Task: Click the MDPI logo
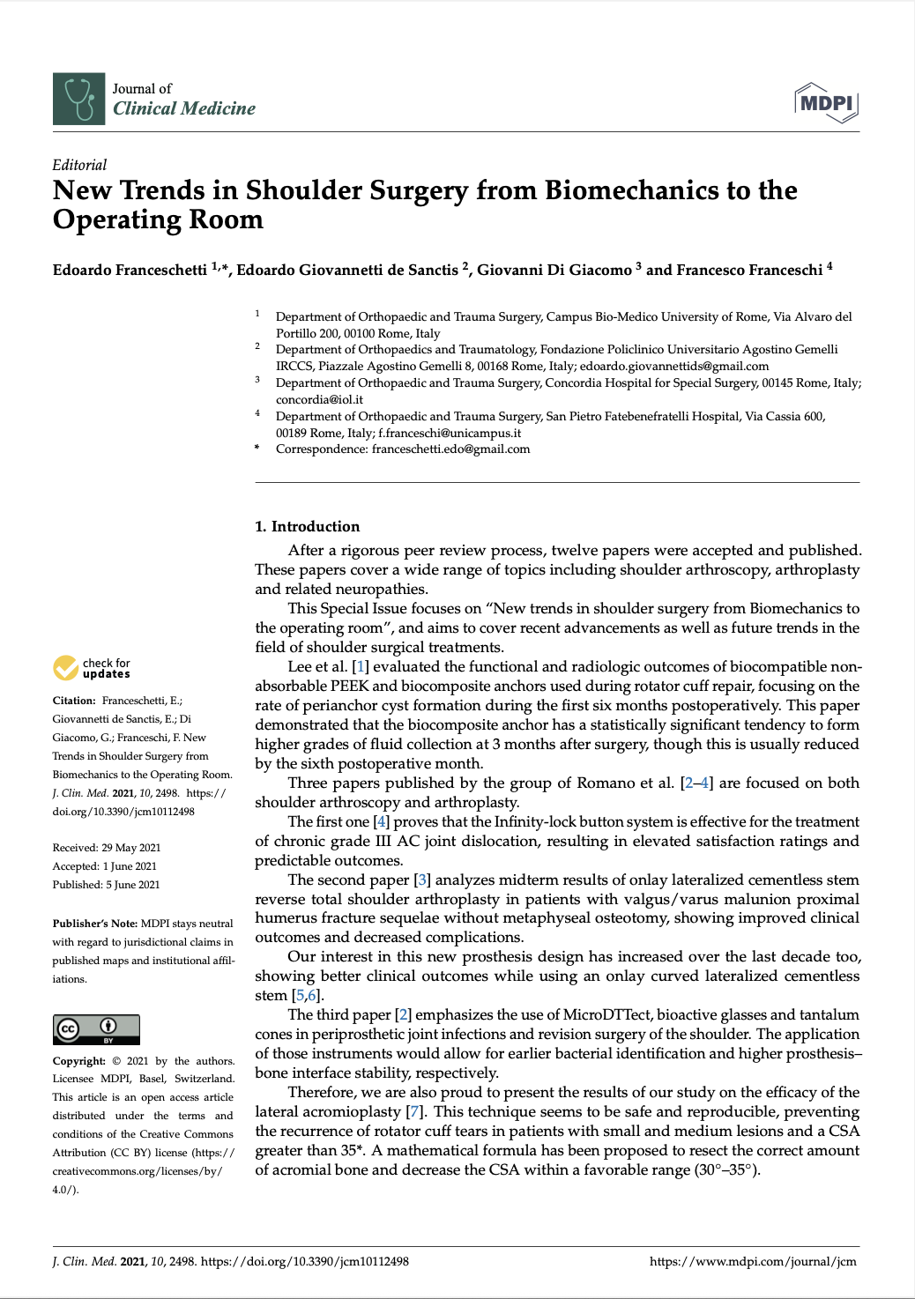(x=826, y=103)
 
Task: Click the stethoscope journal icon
(x=78, y=99)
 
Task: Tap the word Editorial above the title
(x=79, y=165)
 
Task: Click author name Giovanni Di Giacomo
(x=554, y=270)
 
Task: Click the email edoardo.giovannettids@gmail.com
(x=674, y=366)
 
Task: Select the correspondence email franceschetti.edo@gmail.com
(x=450, y=449)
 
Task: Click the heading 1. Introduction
(x=307, y=526)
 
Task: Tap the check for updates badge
(x=92, y=668)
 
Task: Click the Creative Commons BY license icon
(x=96, y=1028)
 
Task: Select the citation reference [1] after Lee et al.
(x=360, y=667)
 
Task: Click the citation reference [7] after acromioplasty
(x=414, y=1112)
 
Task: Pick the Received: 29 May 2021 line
(x=107, y=848)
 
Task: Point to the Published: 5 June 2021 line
(x=106, y=885)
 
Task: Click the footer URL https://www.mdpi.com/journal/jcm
(x=753, y=1261)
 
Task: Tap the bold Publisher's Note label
(x=94, y=924)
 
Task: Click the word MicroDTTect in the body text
(x=607, y=1015)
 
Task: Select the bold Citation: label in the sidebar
(x=74, y=701)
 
